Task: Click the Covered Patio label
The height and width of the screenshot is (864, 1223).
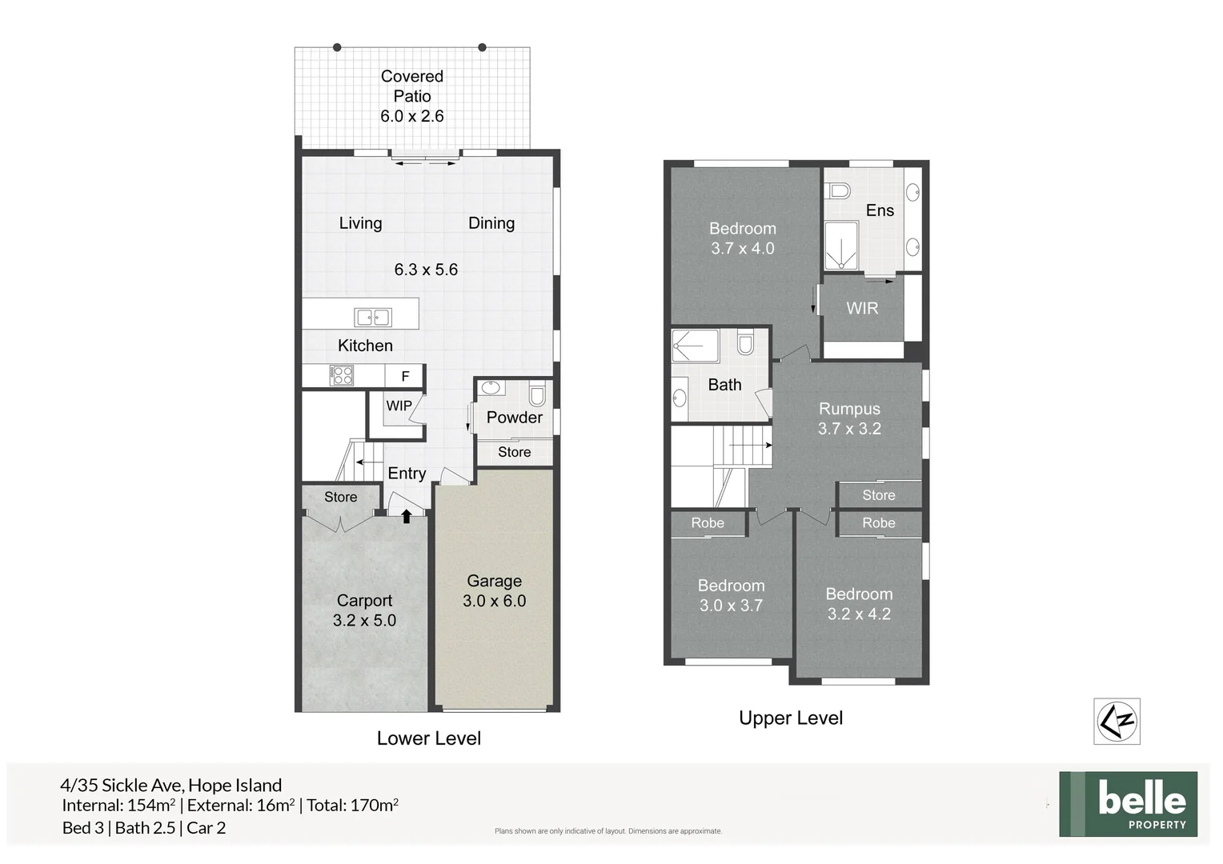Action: pyautogui.click(x=411, y=86)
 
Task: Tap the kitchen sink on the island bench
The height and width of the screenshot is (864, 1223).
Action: pyautogui.click(x=373, y=317)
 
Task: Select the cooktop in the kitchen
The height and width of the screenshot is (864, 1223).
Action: pyautogui.click(x=342, y=375)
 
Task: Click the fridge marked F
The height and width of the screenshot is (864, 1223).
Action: pyautogui.click(x=405, y=376)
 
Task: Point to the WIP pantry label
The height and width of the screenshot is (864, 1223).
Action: pyautogui.click(x=399, y=406)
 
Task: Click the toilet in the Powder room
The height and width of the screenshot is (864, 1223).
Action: pyautogui.click(x=537, y=394)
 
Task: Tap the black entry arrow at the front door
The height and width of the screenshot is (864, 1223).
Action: pyautogui.click(x=407, y=516)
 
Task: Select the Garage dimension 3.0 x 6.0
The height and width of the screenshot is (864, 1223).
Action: pyautogui.click(x=494, y=601)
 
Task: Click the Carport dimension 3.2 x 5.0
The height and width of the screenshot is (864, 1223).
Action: pyautogui.click(x=364, y=620)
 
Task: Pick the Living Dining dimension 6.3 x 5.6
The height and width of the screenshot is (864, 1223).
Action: pyautogui.click(x=426, y=270)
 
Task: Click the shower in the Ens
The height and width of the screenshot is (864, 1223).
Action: pyautogui.click(x=841, y=246)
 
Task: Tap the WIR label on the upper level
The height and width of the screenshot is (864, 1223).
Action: pyautogui.click(x=862, y=308)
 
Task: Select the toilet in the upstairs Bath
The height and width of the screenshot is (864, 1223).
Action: pyautogui.click(x=745, y=343)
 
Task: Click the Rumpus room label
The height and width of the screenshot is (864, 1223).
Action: pyautogui.click(x=849, y=409)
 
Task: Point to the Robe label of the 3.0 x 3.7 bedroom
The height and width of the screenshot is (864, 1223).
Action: pyautogui.click(x=708, y=523)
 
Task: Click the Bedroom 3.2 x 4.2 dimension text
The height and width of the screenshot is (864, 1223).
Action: pyautogui.click(x=859, y=614)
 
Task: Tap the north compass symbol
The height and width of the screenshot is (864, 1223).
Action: pyautogui.click(x=1117, y=721)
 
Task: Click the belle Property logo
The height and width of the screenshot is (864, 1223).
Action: pyautogui.click(x=1128, y=804)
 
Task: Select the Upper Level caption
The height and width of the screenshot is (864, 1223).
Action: pyautogui.click(x=791, y=718)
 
